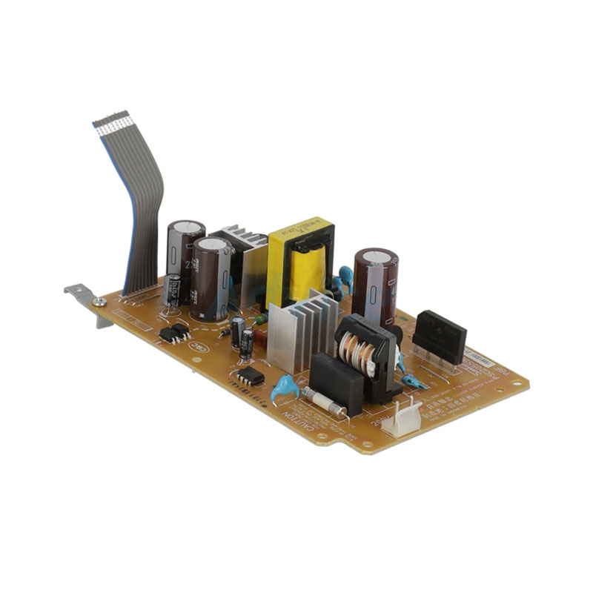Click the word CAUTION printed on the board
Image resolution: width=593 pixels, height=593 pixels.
(x=296, y=427)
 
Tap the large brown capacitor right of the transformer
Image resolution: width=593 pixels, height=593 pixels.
(x=375, y=286)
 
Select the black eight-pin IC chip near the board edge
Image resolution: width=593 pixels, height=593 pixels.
(x=251, y=376)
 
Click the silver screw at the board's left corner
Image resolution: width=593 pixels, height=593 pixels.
(x=99, y=301)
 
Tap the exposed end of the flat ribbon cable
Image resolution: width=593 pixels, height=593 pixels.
(x=111, y=120)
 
